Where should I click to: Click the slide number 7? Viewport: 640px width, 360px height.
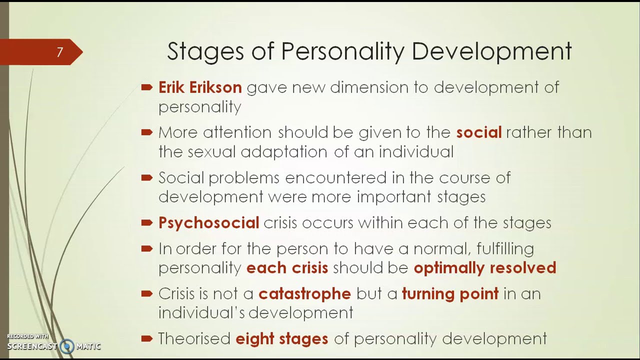(x=59, y=52)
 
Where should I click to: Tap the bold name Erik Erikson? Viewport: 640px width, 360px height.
(x=200, y=87)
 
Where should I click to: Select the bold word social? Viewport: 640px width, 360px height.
(x=478, y=132)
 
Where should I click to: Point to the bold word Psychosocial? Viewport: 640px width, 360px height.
(x=208, y=222)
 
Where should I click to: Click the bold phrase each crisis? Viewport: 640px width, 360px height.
(x=287, y=267)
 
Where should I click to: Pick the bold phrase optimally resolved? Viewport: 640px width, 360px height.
(x=484, y=267)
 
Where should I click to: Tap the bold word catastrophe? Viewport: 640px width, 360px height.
(x=304, y=293)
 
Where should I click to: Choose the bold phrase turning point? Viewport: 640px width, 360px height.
(x=450, y=293)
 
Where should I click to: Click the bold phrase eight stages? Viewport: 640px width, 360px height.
(x=281, y=338)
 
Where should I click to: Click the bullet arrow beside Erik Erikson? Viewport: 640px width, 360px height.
(x=146, y=87)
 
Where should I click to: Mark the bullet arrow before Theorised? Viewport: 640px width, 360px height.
(x=146, y=338)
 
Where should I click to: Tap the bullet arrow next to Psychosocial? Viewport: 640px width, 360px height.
(x=146, y=222)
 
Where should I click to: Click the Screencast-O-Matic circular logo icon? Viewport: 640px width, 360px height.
(x=67, y=346)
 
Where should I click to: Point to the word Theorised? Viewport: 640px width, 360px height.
(x=194, y=338)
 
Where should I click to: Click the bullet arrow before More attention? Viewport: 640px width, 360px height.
(x=146, y=132)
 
